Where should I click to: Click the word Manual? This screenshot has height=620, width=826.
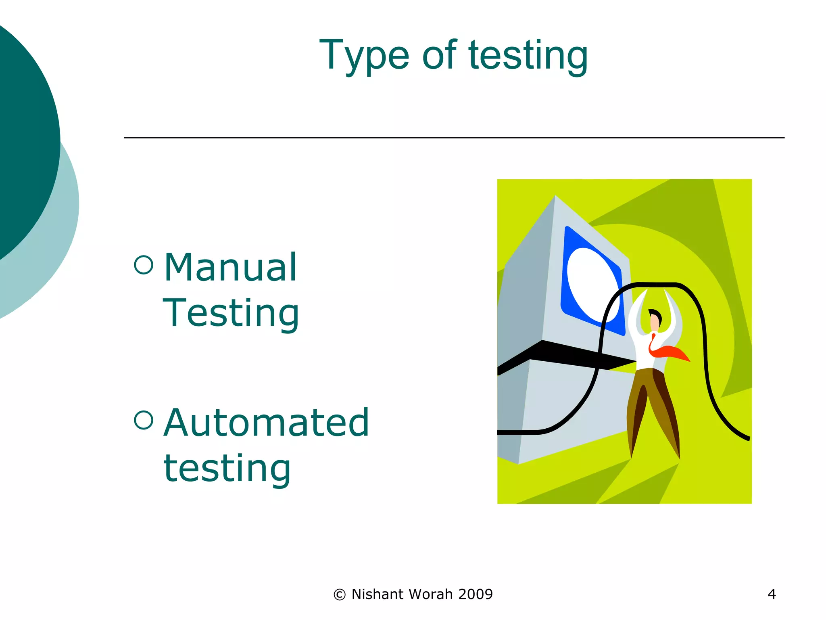pyautogui.click(x=231, y=267)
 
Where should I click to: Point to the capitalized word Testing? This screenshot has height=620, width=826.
pyautogui.click(x=231, y=313)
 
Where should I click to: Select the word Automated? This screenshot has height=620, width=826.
pyautogui.click(x=266, y=423)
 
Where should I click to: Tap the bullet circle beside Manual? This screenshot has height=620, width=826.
pyautogui.click(x=144, y=265)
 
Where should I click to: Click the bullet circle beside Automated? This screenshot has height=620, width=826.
pyautogui.click(x=144, y=420)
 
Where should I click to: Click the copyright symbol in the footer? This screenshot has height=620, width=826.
pyautogui.click(x=340, y=595)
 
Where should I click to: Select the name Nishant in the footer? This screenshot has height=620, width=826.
pyautogui.click(x=378, y=594)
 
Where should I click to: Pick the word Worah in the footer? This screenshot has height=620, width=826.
pyautogui.click(x=431, y=594)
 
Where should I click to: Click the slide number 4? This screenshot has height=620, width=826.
pyautogui.click(x=772, y=594)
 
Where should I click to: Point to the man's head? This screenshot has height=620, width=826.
pyautogui.click(x=655, y=320)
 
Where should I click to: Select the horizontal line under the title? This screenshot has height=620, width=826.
pyautogui.click(x=454, y=138)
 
